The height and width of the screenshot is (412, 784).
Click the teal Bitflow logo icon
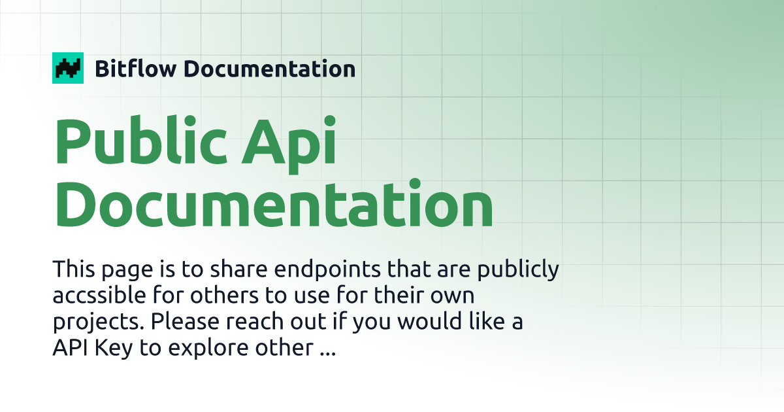pyautogui.click(x=68, y=68)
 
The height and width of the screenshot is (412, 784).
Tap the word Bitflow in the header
pyautogui.click(x=135, y=68)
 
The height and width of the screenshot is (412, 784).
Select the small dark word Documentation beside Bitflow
pyautogui.click(x=269, y=69)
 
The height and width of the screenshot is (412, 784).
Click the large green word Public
pyautogui.click(x=140, y=140)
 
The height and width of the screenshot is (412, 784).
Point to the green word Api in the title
pyautogui.click(x=289, y=145)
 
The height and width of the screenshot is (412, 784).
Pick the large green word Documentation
pyautogui.click(x=274, y=203)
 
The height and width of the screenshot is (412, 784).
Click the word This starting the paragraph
pyautogui.click(x=73, y=269)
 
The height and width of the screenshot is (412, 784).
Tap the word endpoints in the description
pyautogui.click(x=327, y=269)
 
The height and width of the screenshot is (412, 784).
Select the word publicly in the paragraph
pyautogui.click(x=518, y=269)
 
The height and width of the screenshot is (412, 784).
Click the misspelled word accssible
pyautogui.click(x=99, y=295)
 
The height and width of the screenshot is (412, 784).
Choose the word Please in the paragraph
pyautogui.click(x=185, y=321)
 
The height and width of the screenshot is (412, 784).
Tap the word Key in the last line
pyautogui.click(x=114, y=349)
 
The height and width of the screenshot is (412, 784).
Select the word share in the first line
pyautogui.click(x=238, y=269)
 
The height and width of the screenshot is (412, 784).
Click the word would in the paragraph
pyautogui.click(x=429, y=321)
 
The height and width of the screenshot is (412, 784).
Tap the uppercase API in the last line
pyautogui.click(x=70, y=347)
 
